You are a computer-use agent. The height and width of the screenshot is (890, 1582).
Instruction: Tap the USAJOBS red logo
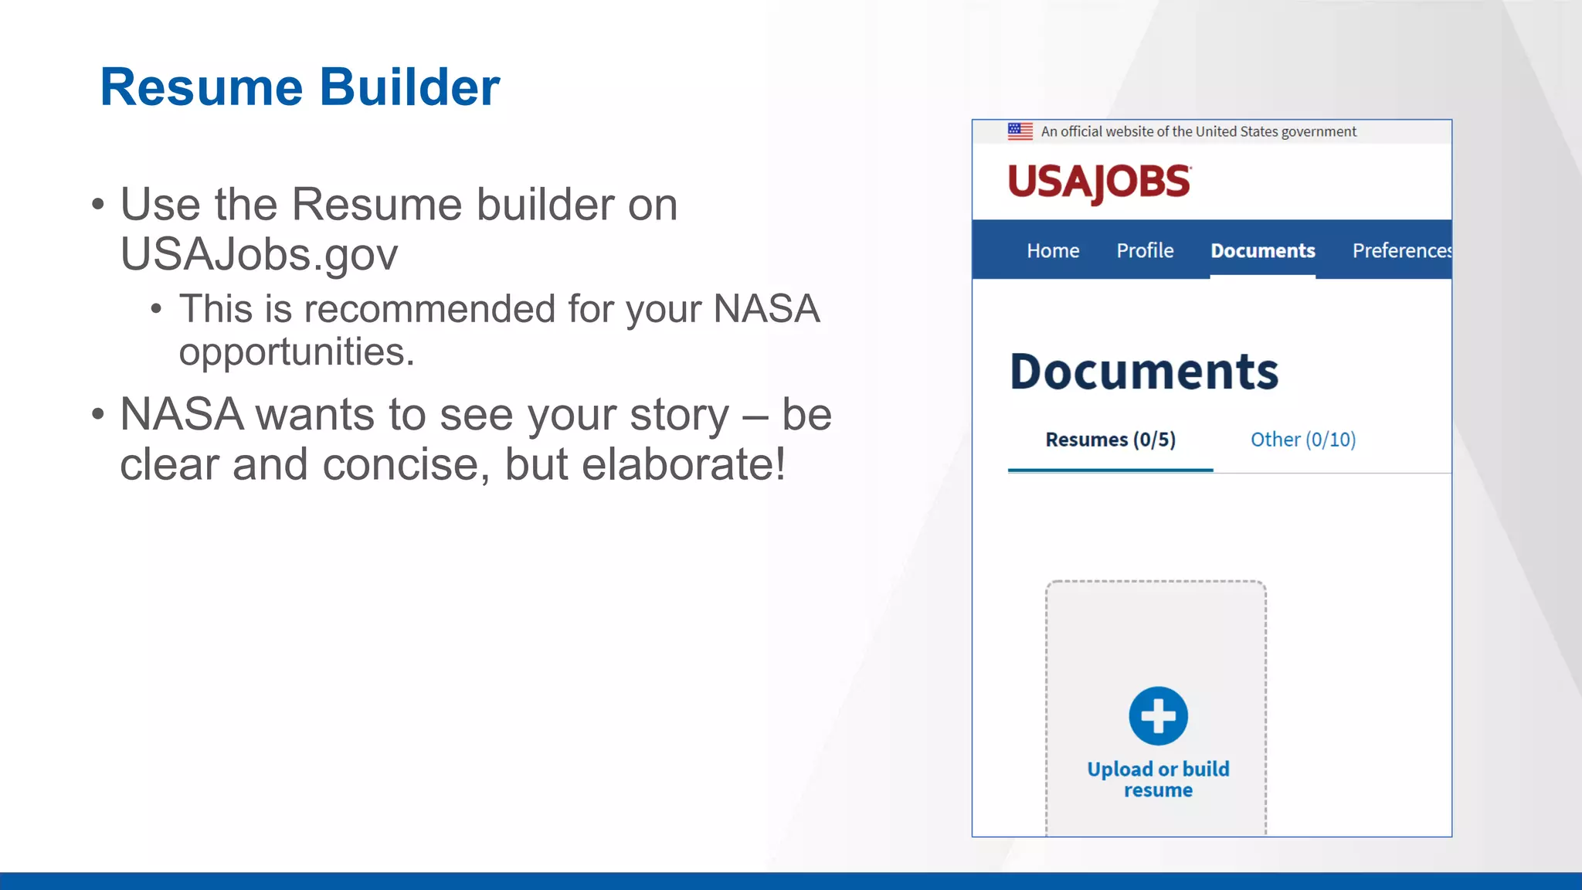tap(1099, 182)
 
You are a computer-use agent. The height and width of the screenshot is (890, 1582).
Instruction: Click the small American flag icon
tap(1020, 131)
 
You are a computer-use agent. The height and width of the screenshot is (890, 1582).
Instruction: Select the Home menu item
tap(1053, 251)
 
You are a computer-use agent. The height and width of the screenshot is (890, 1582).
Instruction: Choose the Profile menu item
tap(1145, 251)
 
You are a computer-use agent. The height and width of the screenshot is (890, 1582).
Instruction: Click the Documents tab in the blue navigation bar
tap(1262, 251)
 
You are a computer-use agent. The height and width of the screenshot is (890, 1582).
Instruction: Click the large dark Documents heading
tap(1144, 372)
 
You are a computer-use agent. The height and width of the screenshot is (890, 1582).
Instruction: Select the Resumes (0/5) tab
tap(1110, 440)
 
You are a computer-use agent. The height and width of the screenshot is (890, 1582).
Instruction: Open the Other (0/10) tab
tap(1303, 440)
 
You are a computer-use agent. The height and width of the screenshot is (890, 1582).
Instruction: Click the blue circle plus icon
tap(1158, 716)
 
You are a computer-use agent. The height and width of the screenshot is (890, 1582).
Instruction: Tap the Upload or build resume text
tap(1158, 780)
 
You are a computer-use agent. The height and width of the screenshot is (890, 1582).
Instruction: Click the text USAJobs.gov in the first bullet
tap(259, 255)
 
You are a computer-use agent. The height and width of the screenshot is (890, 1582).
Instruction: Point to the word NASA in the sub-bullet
tap(766, 309)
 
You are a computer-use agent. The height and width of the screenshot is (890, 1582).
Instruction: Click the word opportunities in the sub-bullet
tap(296, 352)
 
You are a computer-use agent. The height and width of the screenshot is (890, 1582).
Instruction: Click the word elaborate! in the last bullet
tap(683, 464)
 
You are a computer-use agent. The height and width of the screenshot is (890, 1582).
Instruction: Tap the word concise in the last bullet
tap(406, 464)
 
